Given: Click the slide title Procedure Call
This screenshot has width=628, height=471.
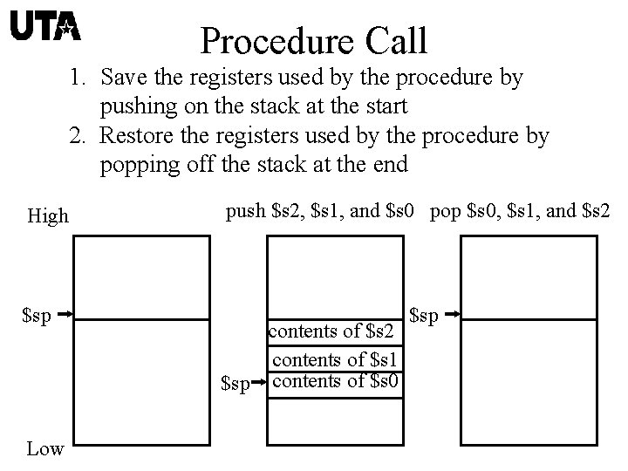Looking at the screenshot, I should pyautogui.click(x=313, y=40).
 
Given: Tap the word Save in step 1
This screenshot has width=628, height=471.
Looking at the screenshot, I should pyautogui.click(x=120, y=78).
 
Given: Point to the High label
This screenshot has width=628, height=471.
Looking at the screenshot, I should pyautogui.click(x=47, y=216).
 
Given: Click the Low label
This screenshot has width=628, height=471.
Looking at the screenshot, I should pyautogui.click(x=44, y=449).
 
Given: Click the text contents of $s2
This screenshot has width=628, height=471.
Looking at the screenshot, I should pyautogui.click(x=335, y=331).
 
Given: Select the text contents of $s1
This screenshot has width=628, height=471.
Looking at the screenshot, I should pyautogui.click(x=336, y=358).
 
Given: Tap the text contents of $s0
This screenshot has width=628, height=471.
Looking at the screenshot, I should pyautogui.click(x=336, y=379).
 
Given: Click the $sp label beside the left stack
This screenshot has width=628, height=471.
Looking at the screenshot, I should pyautogui.click(x=37, y=314).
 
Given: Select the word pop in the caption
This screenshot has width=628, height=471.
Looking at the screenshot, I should pyautogui.click(x=445, y=212).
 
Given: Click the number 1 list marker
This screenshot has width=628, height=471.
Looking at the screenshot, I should pyautogui.click(x=78, y=78).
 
